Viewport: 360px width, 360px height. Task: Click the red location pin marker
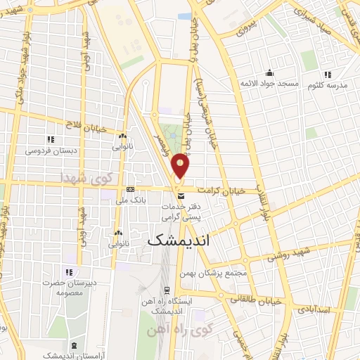[x=181, y=166]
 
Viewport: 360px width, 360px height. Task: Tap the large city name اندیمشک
[x=181, y=239]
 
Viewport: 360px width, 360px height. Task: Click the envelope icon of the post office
[x=181, y=195]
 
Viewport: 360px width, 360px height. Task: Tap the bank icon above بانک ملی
[x=131, y=190]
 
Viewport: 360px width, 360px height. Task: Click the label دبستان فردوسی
[x=49, y=150]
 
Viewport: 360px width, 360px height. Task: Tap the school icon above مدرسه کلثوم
[x=327, y=75]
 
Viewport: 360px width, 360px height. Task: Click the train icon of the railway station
[x=167, y=290]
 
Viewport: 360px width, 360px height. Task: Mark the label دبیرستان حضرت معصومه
[x=69, y=287]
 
